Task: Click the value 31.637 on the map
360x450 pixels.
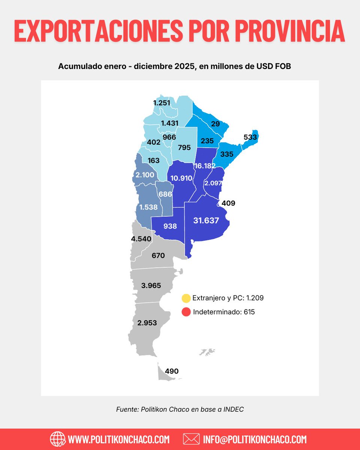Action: (206, 220)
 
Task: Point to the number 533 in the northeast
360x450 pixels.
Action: (250, 137)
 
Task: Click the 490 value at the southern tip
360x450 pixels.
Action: (172, 371)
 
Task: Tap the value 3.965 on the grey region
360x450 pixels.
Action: (151, 285)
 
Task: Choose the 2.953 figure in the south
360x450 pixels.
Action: (147, 323)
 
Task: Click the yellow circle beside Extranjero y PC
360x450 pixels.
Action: (186, 298)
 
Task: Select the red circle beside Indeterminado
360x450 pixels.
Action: (186, 312)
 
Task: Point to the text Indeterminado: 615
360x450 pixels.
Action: (224, 312)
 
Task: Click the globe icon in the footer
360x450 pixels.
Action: (57, 439)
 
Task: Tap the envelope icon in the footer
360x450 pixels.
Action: (191, 439)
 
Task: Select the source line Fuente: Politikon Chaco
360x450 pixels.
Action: (180, 409)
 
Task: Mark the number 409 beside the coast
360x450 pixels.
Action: (228, 204)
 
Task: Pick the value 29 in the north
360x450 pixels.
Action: (215, 124)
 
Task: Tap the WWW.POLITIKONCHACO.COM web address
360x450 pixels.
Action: (119, 439)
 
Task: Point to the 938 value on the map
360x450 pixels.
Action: (170, 226)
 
